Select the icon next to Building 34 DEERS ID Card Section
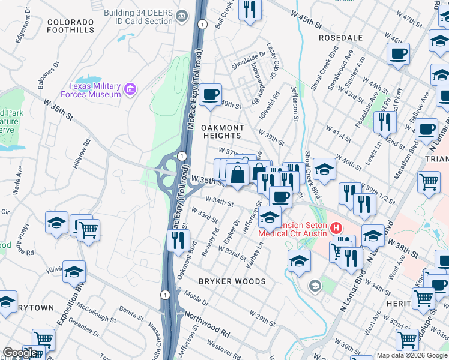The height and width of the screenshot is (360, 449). pyautogui.click(x=181, y=14)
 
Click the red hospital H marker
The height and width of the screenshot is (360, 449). pyautogui.click(x=336, y=229)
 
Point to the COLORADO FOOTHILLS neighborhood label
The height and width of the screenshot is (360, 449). pyautogui.click(x=70, y=26)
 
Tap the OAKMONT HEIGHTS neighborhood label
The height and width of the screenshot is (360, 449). pyautogui.click(x=222, y=131)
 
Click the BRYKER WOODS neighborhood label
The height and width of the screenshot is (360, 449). pyautogui.click(x=232, y=281)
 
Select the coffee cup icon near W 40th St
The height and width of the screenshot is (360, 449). pyautogui.click(x=211, y=95)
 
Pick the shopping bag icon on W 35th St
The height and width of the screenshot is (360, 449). pyautogui.click(x=238, y=175)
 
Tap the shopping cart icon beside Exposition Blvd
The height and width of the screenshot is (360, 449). pyautogui.click(x=88, y=230)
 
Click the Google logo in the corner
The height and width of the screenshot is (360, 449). pyautogui.click(x=20, y=353)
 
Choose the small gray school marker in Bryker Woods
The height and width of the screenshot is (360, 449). pyautogui.click(x=313, y=286)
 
